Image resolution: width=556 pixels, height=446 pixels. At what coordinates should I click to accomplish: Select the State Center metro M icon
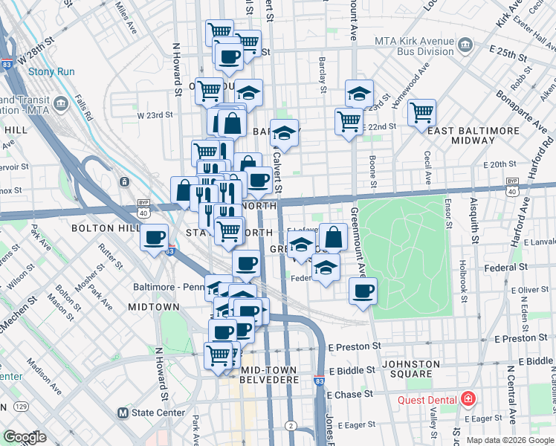point(123,413)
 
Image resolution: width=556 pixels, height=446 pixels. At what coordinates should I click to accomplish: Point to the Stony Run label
point(48,72)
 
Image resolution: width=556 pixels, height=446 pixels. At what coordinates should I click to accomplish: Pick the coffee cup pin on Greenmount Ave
point(362,291)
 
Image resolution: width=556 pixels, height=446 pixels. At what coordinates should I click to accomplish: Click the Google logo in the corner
point(25,437)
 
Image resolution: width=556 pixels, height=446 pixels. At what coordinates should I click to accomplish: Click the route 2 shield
point(292,426)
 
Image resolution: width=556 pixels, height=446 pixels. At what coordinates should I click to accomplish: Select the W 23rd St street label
point(155,115)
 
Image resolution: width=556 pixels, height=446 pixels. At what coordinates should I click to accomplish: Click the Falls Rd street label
point(83,108)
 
